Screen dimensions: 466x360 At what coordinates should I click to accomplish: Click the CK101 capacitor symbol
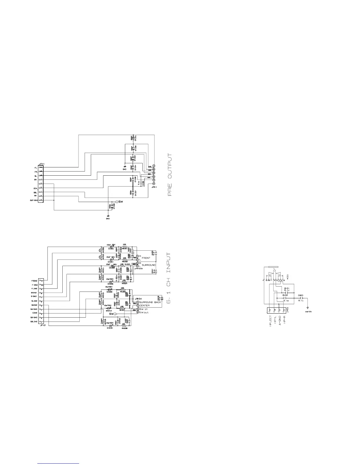pos(133,137)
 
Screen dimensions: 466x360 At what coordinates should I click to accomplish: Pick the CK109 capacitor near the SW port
pos(111,206)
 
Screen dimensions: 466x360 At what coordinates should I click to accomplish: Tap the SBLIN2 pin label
pos(34,322)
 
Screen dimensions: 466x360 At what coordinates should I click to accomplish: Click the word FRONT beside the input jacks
pos(146,258)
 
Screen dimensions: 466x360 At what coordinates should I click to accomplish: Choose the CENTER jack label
pos(144,305)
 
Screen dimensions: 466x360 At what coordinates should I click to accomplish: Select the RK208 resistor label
pos(124,328)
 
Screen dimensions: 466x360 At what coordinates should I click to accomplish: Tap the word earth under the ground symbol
pos(308,311)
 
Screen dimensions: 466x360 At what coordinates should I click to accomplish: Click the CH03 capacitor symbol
pos(300,298)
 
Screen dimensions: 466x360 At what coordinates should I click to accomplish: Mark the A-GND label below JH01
pos(279,320)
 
